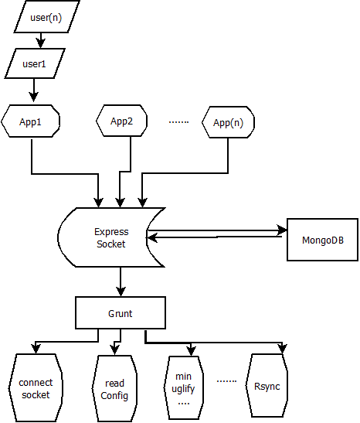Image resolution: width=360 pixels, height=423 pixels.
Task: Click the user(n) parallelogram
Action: (46, 17)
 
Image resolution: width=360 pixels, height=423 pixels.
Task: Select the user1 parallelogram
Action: (35, 63)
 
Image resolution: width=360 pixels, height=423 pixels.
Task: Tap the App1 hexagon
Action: (30, 121)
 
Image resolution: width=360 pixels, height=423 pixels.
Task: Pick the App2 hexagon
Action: (121, 121)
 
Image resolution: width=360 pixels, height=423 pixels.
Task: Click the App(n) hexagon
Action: (228, 122)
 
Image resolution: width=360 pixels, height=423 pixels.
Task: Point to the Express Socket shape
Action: (111, 237)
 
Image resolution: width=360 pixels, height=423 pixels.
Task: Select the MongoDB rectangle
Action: (323, 240)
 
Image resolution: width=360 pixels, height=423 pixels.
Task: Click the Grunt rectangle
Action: (121, 313)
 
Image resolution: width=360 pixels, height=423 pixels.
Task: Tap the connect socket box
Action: (36, 388)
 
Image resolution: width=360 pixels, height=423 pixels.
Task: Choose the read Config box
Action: (114, 388)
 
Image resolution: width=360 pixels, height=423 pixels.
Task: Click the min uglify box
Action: (184, 387)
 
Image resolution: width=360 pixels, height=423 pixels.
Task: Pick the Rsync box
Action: (267, 386)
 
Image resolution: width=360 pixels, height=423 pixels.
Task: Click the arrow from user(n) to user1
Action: (41, 40)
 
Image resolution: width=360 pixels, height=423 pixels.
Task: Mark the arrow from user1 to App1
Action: (34, 90)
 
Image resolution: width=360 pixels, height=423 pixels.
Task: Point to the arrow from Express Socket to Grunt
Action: (121, 281)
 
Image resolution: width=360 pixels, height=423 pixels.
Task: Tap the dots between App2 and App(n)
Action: (178, 122)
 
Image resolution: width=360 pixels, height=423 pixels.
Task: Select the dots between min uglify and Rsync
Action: (226, 381)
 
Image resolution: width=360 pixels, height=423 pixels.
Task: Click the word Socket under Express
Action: (111, 244)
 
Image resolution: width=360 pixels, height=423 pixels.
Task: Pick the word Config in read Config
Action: (114, 395)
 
